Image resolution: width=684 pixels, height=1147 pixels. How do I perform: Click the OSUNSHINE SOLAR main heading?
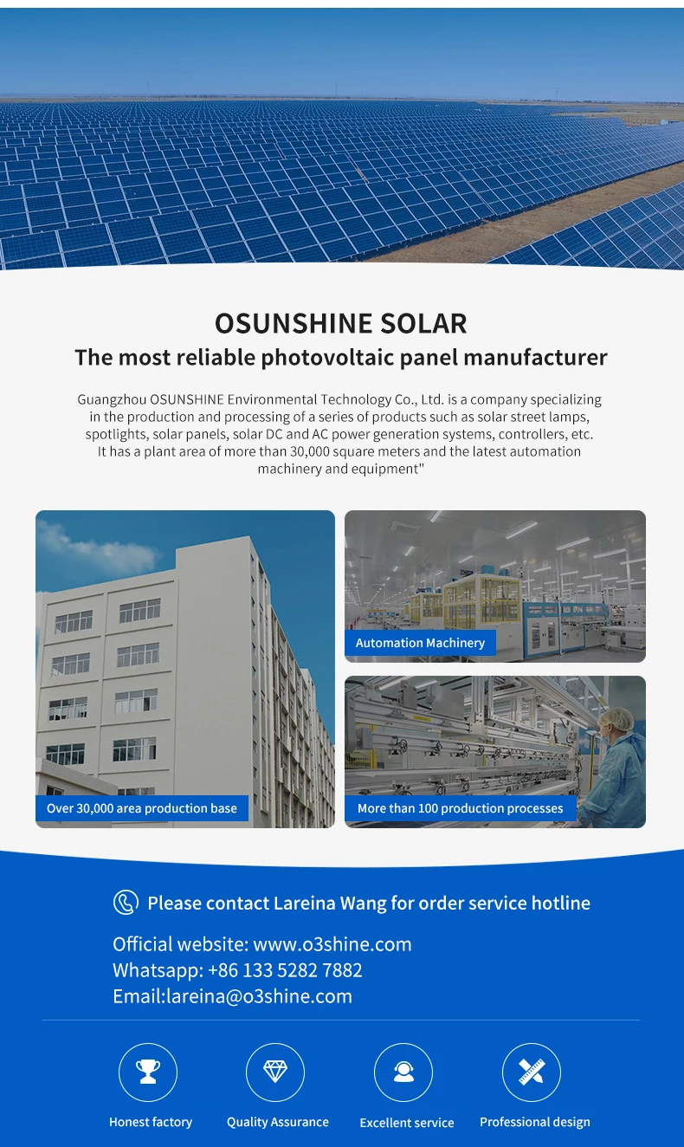[341, 323]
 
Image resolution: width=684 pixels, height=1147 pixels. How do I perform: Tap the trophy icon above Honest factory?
[148, 1072]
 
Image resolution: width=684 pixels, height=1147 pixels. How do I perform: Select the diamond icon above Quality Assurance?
[275, 1072]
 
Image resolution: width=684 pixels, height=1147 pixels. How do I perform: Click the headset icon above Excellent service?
[403, 1072]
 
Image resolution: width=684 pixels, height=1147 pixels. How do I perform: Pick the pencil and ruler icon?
[532, 1072]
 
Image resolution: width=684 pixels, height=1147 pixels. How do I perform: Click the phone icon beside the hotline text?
[126, 902]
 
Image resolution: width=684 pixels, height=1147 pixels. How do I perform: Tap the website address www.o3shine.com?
[332, 943]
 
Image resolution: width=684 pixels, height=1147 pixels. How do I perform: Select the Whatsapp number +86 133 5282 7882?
[285, 969]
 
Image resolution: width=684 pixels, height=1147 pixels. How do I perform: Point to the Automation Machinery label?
[420, 643]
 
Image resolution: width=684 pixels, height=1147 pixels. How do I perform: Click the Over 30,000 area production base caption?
[142, 808]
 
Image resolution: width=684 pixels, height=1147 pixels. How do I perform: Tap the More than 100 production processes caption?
[460, 808]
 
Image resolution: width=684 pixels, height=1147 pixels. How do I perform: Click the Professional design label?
[534, 1122]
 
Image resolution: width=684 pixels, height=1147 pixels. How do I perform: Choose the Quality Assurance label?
[278, 1122]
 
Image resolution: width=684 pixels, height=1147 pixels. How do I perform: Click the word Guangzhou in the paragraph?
[112, 399]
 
